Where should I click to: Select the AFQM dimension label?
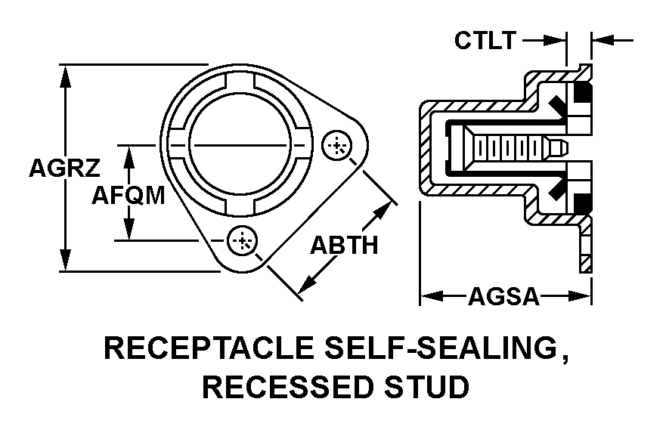tap(129, 195)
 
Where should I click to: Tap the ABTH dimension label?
tap(344, 246)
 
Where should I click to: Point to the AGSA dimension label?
tap(503, 297)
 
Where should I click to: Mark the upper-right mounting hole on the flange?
tap(337, 146)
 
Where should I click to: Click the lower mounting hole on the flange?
tap(243, 241)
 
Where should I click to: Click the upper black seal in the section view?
tap(583, 95)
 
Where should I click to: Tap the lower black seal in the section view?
tap(583, 202)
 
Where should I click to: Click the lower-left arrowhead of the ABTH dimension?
tap(305, 285)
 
